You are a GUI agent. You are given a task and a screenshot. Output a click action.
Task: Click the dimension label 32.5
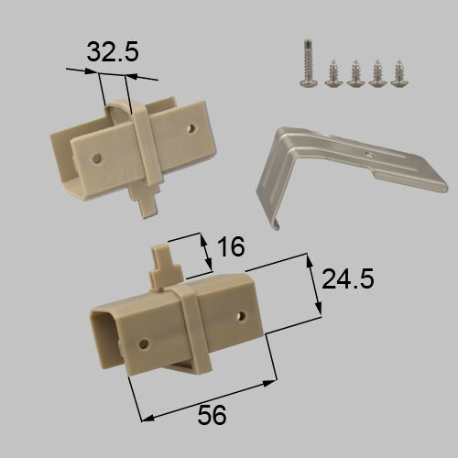point(113,51)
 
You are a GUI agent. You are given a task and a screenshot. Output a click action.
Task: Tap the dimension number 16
point(232,246)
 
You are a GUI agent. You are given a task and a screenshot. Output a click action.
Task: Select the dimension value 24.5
point(348,278)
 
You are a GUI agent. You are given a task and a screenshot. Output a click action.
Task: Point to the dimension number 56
point(212,415)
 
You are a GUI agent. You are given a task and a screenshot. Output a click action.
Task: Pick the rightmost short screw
point(398,73)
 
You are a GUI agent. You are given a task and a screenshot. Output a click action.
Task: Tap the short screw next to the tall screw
point(333,73)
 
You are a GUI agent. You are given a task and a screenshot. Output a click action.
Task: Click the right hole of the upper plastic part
point(192,128)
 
